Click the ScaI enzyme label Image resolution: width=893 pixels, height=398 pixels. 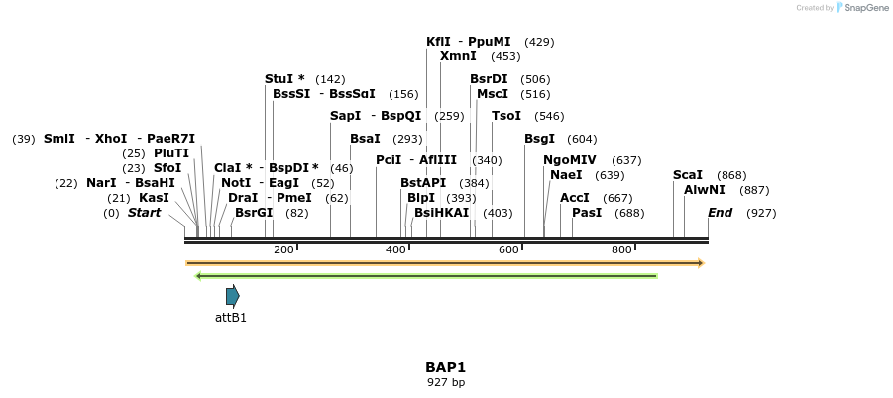(x=687, y=175)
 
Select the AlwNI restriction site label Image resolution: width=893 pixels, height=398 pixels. (x=705, y=190)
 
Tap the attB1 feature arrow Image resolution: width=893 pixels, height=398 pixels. (x=233, y=295)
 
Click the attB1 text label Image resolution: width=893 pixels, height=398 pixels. (x=231, y=318)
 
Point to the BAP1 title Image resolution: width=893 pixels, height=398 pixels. (x=446, y=367)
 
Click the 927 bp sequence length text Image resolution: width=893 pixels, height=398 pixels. (x=446, y=382)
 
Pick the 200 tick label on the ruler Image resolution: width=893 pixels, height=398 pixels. (x=283, y=249)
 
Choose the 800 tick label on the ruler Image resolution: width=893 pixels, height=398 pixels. (x=621, y=249)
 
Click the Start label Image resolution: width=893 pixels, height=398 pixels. (x=144, y=213)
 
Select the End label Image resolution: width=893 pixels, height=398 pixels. (x=721, y=213)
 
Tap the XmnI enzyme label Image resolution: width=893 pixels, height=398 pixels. (x=458, y=56)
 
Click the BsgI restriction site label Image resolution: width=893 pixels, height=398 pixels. (x=540, y=139)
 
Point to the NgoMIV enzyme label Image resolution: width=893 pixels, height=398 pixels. (x=570, y=160)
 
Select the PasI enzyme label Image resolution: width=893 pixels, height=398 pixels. (x=587, y=213)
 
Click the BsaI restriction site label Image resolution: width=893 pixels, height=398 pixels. (x=365, y=139)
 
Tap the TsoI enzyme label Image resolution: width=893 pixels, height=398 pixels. (x=506, y=116)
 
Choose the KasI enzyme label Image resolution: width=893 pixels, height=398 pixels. (x=154, y=198)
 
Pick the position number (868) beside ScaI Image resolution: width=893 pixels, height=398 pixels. (x=731, y=175)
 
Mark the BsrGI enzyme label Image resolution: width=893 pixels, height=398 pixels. (x=254, y=213)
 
